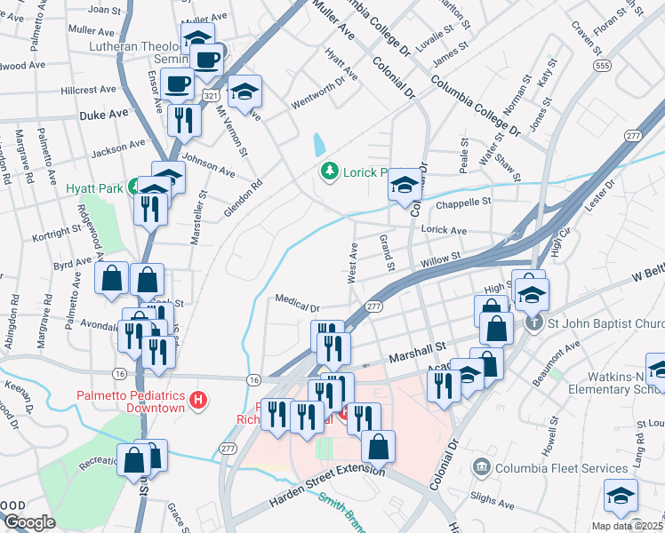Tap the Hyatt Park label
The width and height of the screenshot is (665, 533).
click(x=92, y=188)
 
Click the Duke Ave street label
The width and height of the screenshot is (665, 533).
click(x=104, y=115)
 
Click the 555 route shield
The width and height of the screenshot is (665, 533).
click(x=603, y=66)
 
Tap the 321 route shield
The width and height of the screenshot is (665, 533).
click(x=211, y=93)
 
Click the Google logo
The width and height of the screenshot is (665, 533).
click(x=29, y=522)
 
